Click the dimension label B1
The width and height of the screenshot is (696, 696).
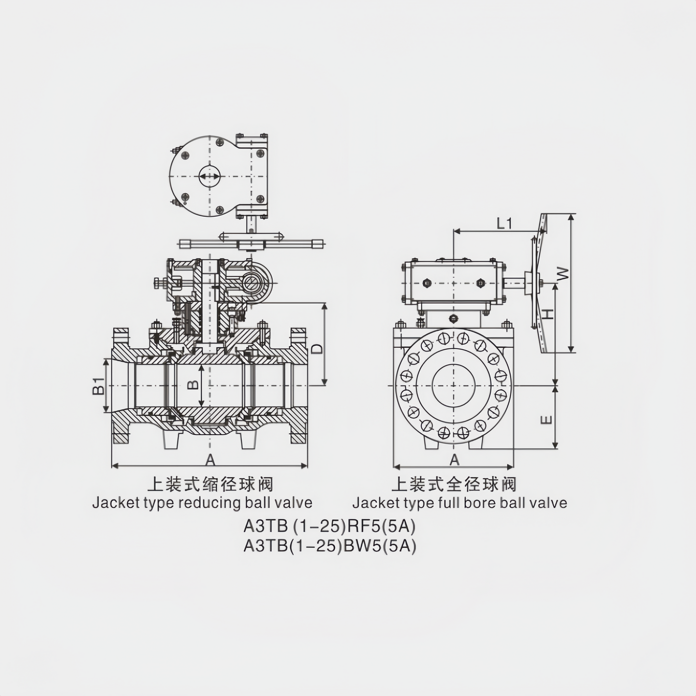98,386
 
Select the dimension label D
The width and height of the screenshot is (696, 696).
317,349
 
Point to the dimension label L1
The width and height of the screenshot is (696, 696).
504,223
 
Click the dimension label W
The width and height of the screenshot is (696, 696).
563,274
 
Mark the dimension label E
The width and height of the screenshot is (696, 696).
547,420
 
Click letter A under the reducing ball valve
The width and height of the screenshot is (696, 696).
210,460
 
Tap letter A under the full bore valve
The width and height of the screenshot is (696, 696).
454,460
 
